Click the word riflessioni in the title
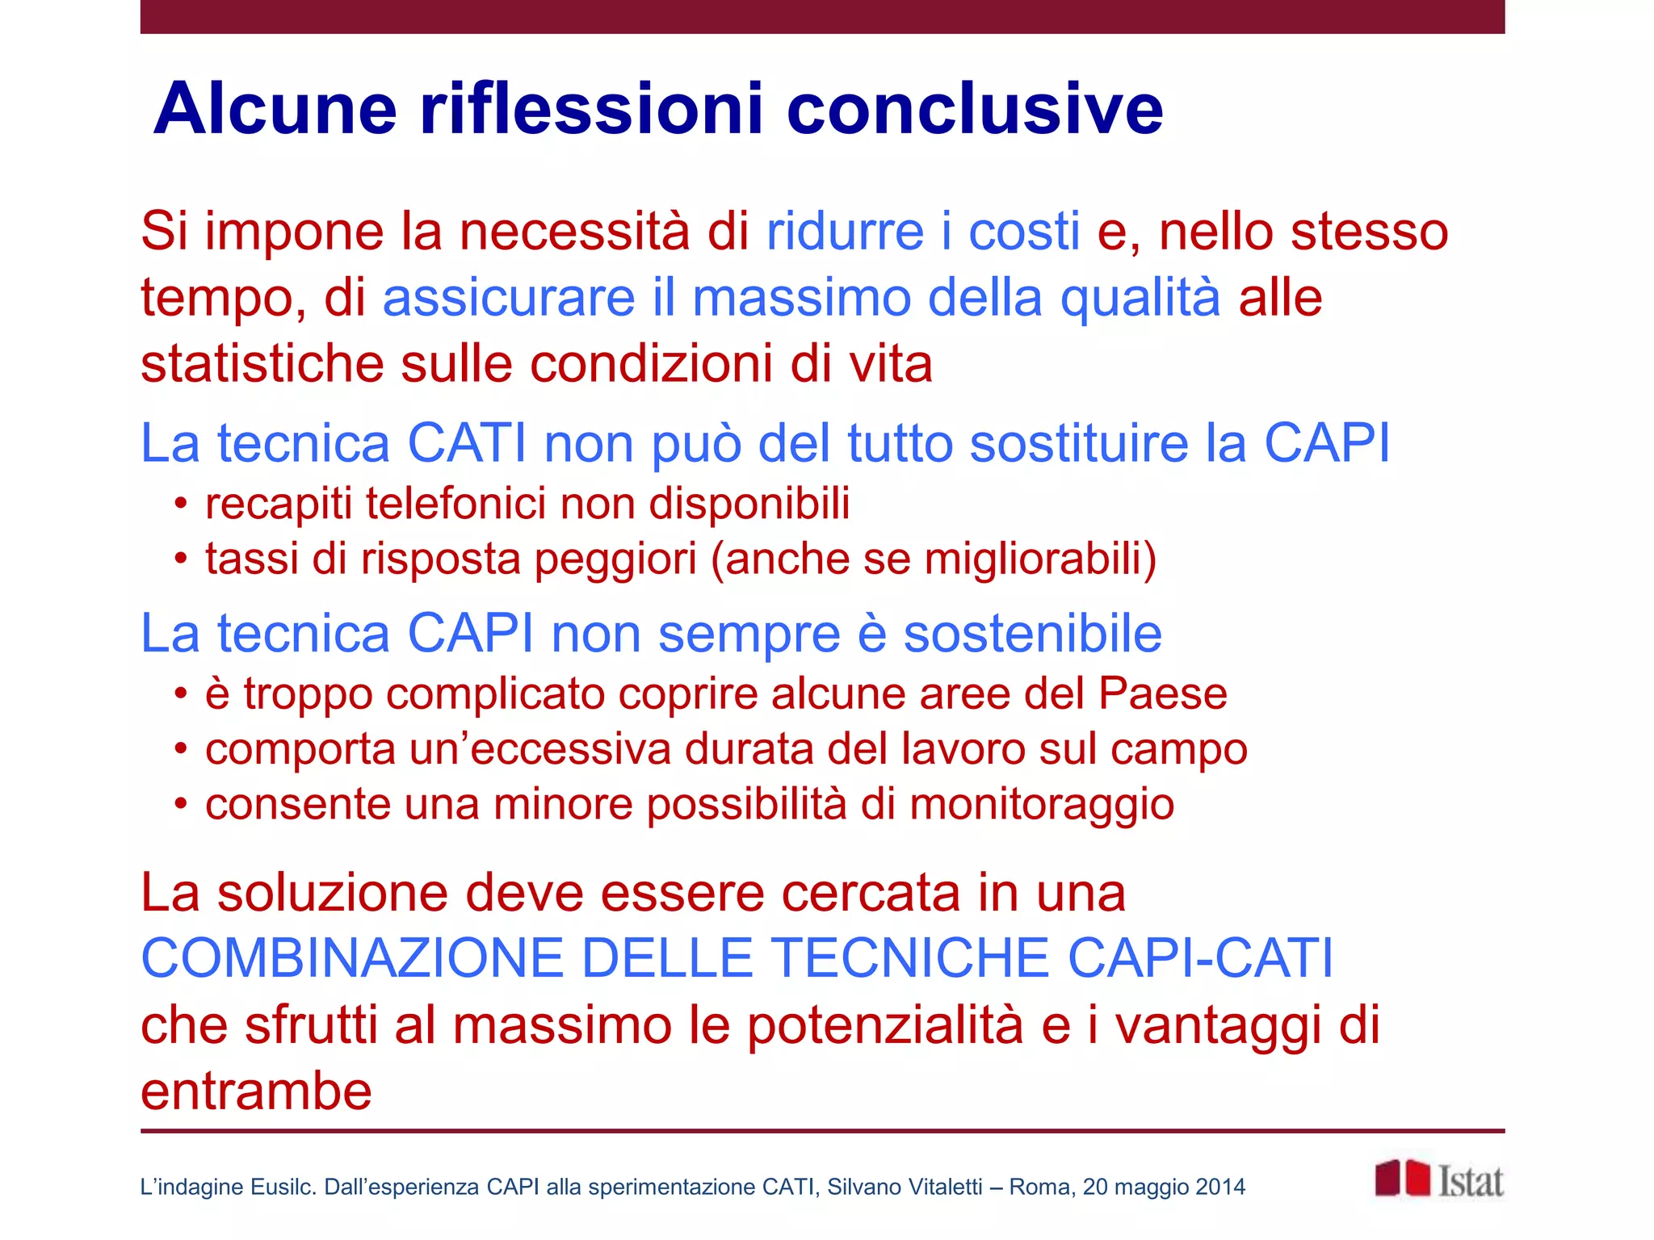(591, 109)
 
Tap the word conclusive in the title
(974, 109)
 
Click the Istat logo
(1439, 1180)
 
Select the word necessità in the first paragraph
(574, 232)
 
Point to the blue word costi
(1024, 232)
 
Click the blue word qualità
(1140, 299)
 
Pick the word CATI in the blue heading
(467, 443)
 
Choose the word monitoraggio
(1042, 805)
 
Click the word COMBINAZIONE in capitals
(352, 958)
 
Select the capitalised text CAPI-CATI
(1200, 958)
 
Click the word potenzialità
(884, 1025)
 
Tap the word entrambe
(256, 1091)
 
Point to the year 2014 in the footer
(1220, 1187)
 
